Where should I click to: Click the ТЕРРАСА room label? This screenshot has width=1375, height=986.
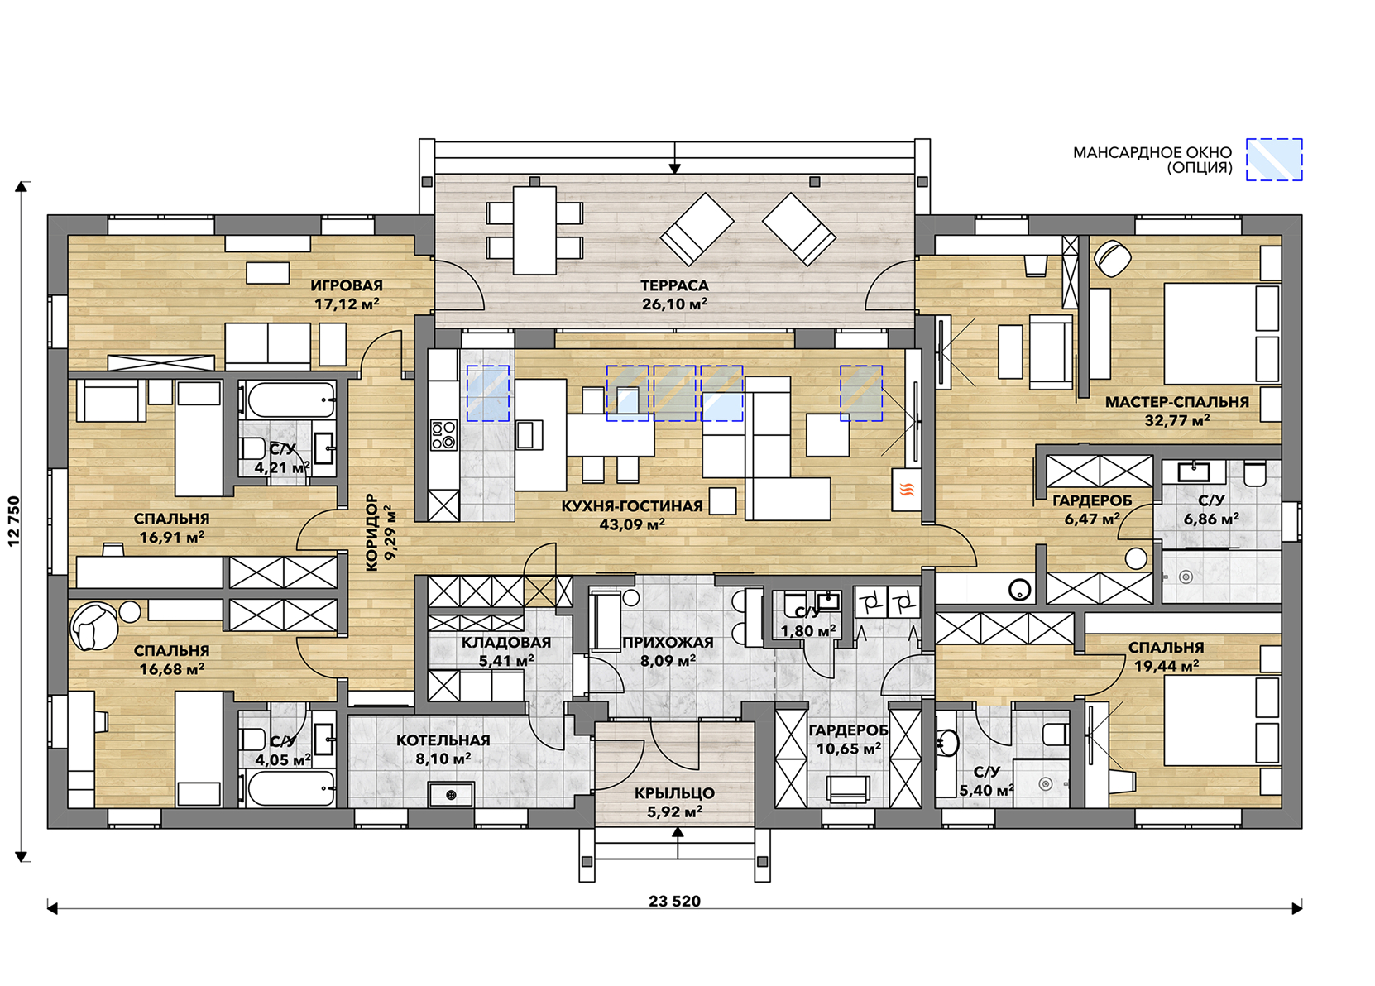coord(674,285)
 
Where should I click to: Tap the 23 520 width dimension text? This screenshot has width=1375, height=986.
coord(674,902)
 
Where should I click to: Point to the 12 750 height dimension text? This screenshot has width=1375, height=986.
coord(13,521)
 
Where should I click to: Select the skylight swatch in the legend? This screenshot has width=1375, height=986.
coord(1274,160)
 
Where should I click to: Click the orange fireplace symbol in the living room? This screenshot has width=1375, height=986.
coord(907,489)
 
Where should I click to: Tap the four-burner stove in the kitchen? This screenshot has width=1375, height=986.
coord(443,434)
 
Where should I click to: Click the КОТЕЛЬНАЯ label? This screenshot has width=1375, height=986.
coord(443,740)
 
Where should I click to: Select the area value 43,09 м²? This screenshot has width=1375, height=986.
coord(631,524)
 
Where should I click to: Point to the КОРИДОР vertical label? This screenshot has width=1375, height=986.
coord(372,533)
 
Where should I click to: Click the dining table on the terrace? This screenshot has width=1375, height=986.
coord(534,229)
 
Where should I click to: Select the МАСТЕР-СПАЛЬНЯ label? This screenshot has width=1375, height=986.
coord(1176,403)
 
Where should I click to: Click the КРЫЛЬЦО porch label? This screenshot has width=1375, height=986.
coord(674,792)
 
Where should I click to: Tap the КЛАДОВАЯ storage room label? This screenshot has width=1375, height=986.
coord(505,643)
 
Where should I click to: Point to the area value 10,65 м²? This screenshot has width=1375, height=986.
coord(848,749)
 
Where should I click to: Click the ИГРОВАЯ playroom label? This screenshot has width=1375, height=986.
coord(346,285)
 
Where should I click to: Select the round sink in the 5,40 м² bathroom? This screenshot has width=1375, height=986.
coord(948,743)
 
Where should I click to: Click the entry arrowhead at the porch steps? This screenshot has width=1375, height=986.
coord(678,833)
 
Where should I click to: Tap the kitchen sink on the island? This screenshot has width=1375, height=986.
coord(529,434)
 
